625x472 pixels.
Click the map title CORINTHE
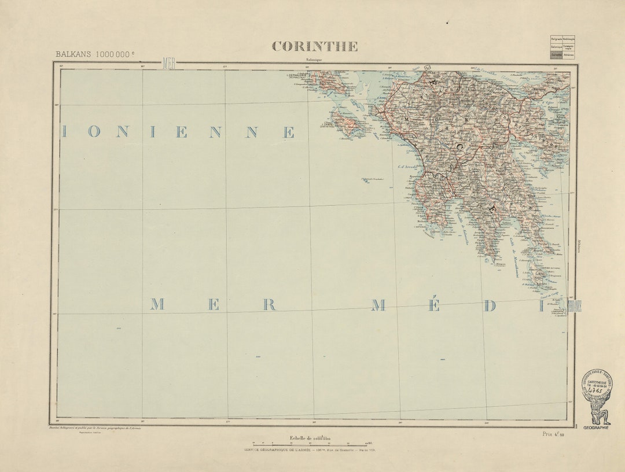tap(315, 46)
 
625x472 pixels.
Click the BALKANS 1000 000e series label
tap(95, 54)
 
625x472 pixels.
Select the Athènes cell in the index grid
tap(568, 55)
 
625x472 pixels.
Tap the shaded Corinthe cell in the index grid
tap(556, 55)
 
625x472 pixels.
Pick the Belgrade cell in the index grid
tap(556, 39)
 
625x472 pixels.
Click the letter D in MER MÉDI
tap(490, 306)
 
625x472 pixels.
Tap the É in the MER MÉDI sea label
tap(433, 305)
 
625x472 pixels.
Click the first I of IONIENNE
tap(64, 132)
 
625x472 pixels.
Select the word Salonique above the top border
tap(315, 60)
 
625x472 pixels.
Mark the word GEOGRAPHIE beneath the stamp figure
tap(595, 427)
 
